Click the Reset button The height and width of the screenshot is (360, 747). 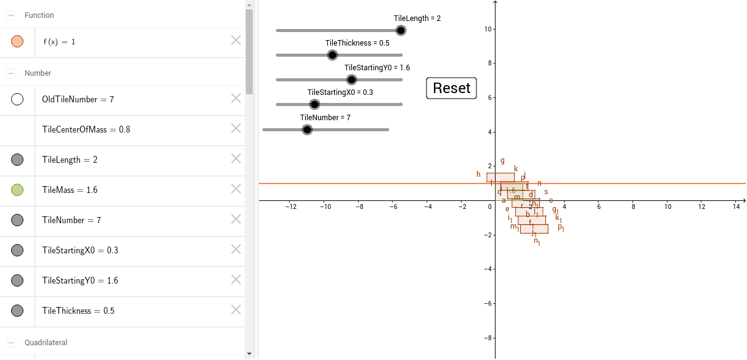451,88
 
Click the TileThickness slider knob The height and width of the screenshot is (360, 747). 332,55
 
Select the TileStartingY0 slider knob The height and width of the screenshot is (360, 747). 351,80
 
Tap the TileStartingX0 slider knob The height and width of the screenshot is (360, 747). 314,104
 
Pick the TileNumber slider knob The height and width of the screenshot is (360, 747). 307,129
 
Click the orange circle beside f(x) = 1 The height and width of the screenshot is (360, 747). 17,41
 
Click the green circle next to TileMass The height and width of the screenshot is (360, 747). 17,190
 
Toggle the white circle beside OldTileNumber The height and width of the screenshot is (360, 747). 17,99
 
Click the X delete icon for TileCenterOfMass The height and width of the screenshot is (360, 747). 236,128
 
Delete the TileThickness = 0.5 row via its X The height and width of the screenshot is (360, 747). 236,309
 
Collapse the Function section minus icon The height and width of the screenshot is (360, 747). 11,15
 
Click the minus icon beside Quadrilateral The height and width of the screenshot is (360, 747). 11,342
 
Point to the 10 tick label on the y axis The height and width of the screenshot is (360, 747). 487,29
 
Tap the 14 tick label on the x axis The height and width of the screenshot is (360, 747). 736,207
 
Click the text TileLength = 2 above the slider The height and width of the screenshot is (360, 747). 417,18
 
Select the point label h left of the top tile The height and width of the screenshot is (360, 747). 478,174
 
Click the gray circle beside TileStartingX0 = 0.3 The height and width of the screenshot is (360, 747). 17,250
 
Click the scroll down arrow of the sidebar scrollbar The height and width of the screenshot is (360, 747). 249,354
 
